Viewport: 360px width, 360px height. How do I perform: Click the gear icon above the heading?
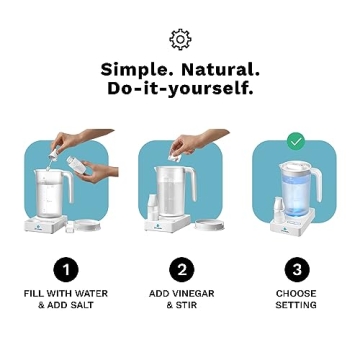tap(180, 38)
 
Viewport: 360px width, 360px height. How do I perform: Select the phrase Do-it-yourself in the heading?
tap(180, 88)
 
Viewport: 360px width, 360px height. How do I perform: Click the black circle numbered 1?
tap(65, 268)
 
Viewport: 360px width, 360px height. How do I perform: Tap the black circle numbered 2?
tap(180, 268)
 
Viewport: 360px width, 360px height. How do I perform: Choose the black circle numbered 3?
tap(296, 268)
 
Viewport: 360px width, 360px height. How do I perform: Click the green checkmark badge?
tap(296, 141)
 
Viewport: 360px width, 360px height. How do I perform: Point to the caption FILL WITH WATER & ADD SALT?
tap(65, 299)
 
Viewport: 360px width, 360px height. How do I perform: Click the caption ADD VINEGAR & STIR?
tap(180, 299)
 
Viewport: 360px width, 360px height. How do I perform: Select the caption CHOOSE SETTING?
tap(296, 299)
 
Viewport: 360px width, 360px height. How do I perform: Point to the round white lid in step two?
tap(208, 223)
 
